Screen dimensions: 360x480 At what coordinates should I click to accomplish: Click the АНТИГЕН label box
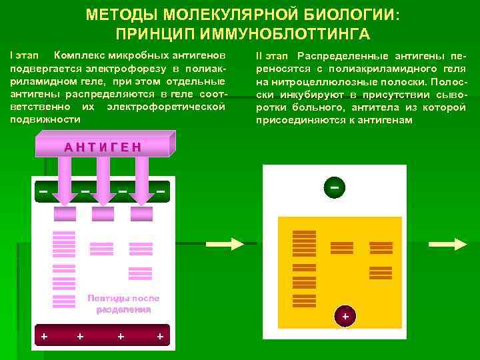[x=103, y=146]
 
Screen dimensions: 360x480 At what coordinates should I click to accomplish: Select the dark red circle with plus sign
[x=345, y=316]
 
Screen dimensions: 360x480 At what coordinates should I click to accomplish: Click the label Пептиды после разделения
[x=123, y=304]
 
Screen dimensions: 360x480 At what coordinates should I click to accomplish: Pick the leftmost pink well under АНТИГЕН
[x=65, y=213]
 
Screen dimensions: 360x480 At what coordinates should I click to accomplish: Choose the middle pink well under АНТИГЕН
[x=103, y=213]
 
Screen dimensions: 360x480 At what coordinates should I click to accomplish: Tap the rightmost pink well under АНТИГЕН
[x=141, y=213]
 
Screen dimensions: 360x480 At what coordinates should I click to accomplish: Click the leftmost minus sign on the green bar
[x=43, y=192]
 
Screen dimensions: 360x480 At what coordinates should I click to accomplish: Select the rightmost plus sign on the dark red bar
[x=160, y=336]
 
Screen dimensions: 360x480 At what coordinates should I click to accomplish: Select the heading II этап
[x=271, y=56]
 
